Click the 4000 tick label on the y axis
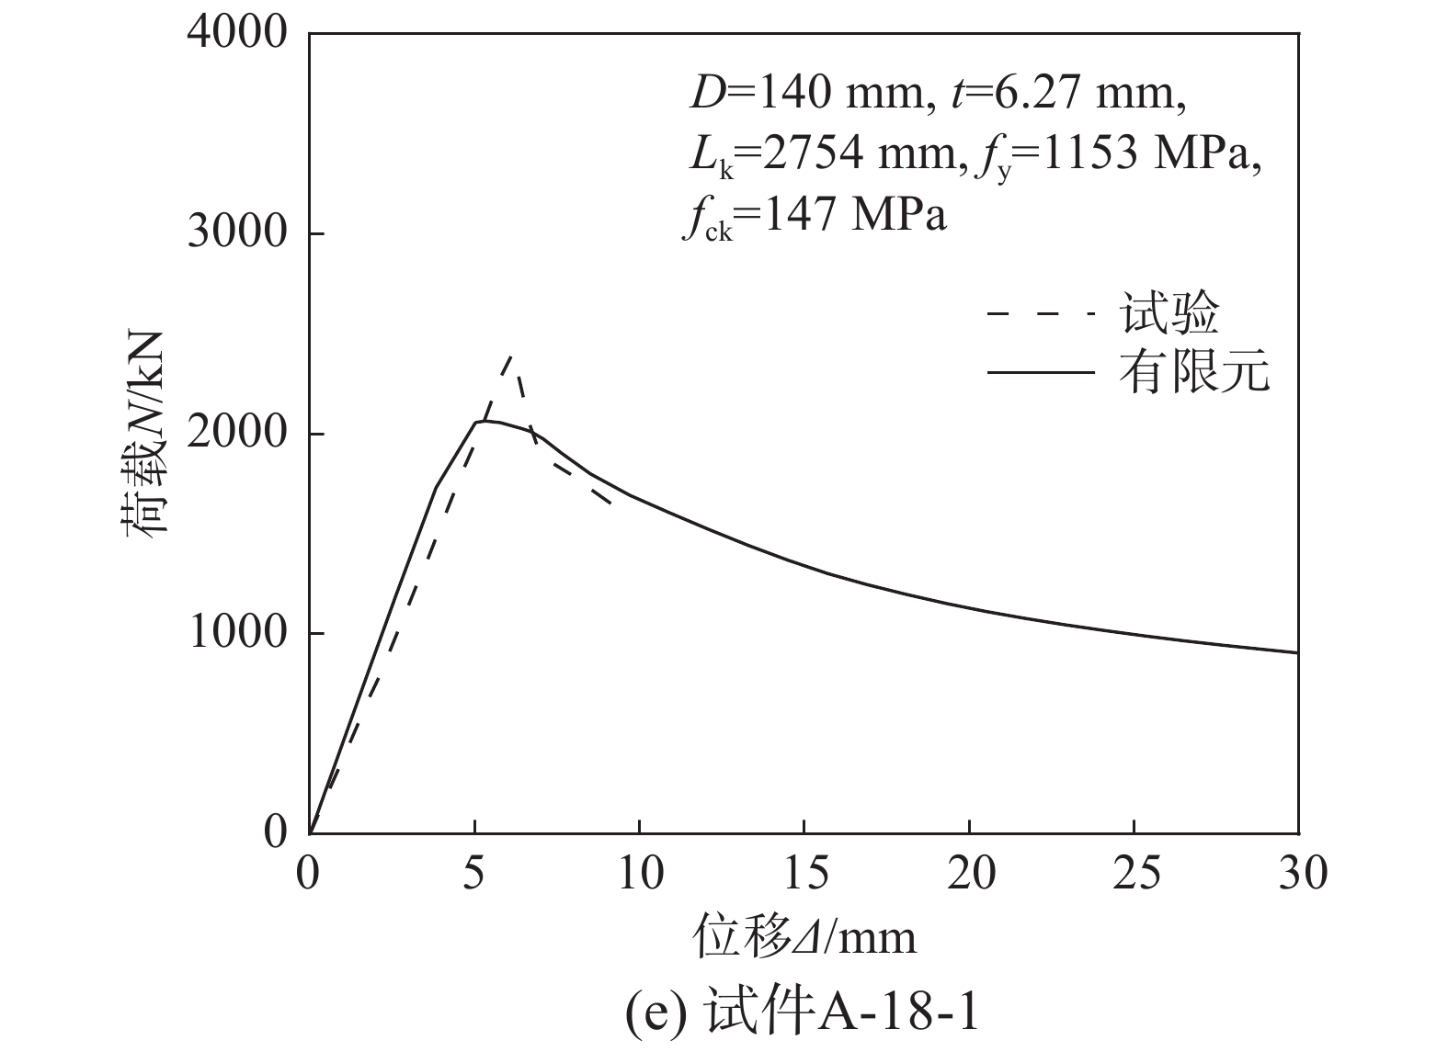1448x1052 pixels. pyautogui.click(x=237, y=34)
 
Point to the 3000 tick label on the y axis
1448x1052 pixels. pyautogui.click(x=237, y=233)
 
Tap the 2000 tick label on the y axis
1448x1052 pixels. pyautogui.click(x=237, y=434)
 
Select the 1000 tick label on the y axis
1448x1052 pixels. pyautogui.click(x=237, y=633)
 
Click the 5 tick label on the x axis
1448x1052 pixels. pyautogui.click(x=473, y=873)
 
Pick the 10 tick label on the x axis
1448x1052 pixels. pyautogui.click(x=639, y=873)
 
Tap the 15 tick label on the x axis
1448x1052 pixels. pyautogui.click(x=804, y=873)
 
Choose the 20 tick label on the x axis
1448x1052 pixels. pyautogui.click(x=969, y=873)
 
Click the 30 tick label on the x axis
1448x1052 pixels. pyautogui.click(x=1298, y=873)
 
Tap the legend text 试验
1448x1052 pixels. pyautogui.click(x=1169, y=313)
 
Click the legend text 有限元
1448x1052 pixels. pyautogui.click(x=1193, y=372)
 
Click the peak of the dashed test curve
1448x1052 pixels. pyautogui.click(x=510, y=356)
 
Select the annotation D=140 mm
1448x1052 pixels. pyautogui.click(x=804, y=94)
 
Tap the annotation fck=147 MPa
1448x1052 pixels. pyautogui.click(x=814, y=218)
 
